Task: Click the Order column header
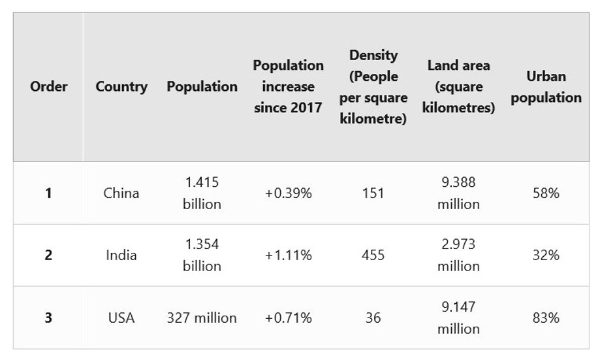point(48,86)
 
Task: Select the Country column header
point(121,86)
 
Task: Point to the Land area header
point(458,86)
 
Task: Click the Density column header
point(373,87)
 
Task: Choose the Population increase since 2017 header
point(288,86)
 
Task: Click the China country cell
point(121,193)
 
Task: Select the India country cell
point(121,255)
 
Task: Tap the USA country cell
point(121,318)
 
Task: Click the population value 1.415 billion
point(202,193)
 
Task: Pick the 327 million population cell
point(202,318)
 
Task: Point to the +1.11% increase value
point(288,255)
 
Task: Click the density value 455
point(373,255)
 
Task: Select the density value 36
point(373,318)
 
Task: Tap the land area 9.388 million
point(458,193)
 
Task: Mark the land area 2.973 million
point(458,255)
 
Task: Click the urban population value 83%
point(545,318)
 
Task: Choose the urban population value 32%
point(545,255)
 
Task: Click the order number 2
point(48,255)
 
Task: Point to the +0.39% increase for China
point(288,193)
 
